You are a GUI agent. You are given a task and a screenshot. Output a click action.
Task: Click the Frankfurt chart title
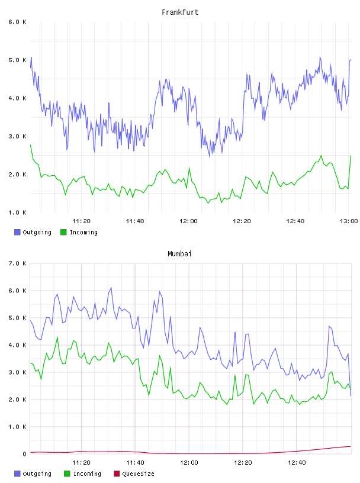coord(180,12)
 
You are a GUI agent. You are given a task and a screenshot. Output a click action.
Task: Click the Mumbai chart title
coord(179,254)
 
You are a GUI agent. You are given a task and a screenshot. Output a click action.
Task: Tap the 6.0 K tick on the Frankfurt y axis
coord(17,22)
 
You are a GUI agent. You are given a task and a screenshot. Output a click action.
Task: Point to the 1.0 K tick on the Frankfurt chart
coord(17,212)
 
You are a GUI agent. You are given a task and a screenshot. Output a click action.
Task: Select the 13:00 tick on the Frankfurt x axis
coord(349,221)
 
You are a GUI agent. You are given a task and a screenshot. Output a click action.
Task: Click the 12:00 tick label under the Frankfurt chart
coord(188,221)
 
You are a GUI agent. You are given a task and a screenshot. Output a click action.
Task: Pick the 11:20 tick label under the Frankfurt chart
coord(81,221)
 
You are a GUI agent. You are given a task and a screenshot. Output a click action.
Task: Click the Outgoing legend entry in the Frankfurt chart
coord(33,232)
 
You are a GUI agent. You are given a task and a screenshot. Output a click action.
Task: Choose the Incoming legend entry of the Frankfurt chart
coord(79,232)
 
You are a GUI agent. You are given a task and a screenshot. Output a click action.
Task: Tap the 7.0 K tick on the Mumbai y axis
coord(17,263)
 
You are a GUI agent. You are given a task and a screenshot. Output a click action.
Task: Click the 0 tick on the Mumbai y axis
coord(24,454)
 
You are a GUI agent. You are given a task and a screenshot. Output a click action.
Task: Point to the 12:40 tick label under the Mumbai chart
coord(297,463)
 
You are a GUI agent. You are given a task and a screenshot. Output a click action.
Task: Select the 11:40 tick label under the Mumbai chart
coord(135,463)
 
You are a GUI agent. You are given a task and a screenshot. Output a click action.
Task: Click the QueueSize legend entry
coord(134,474)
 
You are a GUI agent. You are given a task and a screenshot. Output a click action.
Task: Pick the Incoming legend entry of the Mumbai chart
coord(83,474)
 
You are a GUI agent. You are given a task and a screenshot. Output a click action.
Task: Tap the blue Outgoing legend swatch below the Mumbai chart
coord(17,474)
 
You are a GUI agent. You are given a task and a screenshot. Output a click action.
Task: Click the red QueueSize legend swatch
coord(117,474)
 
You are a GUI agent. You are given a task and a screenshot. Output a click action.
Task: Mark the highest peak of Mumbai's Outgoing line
coord(111,288)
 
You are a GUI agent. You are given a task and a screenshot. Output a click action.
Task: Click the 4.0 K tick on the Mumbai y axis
coord(17,345)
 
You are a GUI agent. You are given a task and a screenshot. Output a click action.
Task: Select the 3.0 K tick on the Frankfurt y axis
coord(17,137)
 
